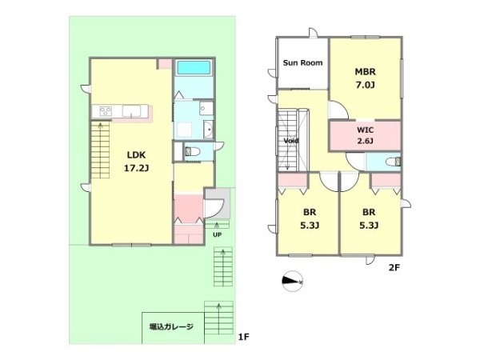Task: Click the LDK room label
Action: tap(136, 155)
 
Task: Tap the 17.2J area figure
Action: tap(136, 168)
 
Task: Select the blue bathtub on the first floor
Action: tap(194, 68)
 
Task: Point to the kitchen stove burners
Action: tap(106, 111)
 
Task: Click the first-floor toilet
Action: tap(192, 151)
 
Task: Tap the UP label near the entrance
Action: tap(217, 235)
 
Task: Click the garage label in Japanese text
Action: tap(171, 326)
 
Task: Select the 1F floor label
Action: tap(244, 337)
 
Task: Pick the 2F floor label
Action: tap(394, 268)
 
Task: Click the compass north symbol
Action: tap(292, 281)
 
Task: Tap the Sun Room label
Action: tap(302, 62)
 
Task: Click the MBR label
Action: tap(365, 72)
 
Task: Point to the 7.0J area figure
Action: tap(365, 85)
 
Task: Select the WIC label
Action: tap(366, 130)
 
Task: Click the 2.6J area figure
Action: tap(366, 141)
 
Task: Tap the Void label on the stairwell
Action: tap(291, 141)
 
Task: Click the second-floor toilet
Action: tap(393, 162)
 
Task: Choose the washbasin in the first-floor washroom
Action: tap(209, 130)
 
